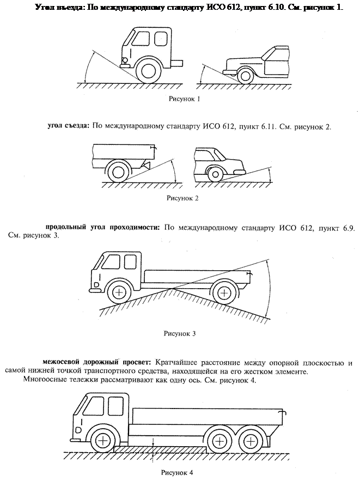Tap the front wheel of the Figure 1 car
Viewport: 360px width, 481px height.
244,76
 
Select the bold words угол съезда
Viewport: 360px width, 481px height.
67,126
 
